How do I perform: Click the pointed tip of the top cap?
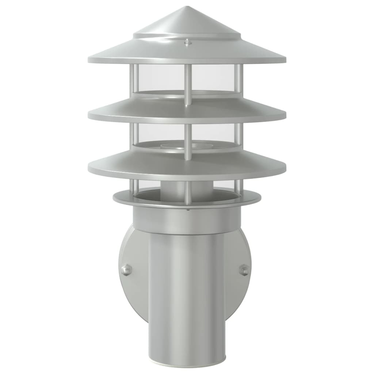187,7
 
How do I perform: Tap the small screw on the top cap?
187,42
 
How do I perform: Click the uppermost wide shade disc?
187,53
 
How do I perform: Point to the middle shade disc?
187,111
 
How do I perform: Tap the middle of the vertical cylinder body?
187,292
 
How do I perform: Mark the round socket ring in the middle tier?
187,147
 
